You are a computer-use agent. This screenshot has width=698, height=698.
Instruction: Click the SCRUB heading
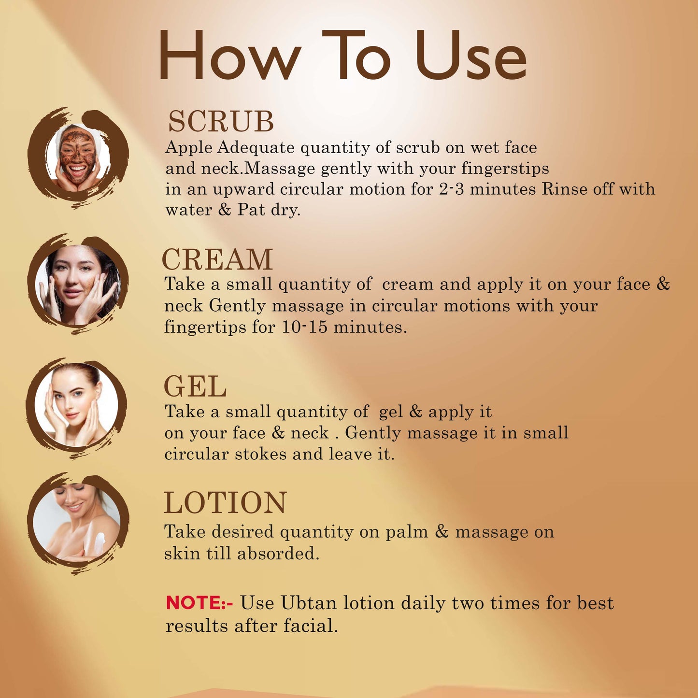click(221, 121)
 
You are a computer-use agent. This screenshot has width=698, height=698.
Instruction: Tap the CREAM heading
click(217, 259)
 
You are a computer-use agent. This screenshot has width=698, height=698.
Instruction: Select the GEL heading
click(195, 386)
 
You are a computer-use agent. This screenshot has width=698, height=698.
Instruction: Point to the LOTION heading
click(225, 502)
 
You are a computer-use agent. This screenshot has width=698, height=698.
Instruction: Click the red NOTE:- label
click(199, 603)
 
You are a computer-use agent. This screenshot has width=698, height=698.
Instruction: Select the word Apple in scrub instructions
click(188, 148)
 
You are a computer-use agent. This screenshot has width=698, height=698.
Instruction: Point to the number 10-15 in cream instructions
click(304, 327)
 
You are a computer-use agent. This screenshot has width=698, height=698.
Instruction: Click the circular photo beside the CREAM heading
click(77, 285)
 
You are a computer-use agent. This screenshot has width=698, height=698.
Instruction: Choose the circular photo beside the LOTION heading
click(78, 524)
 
